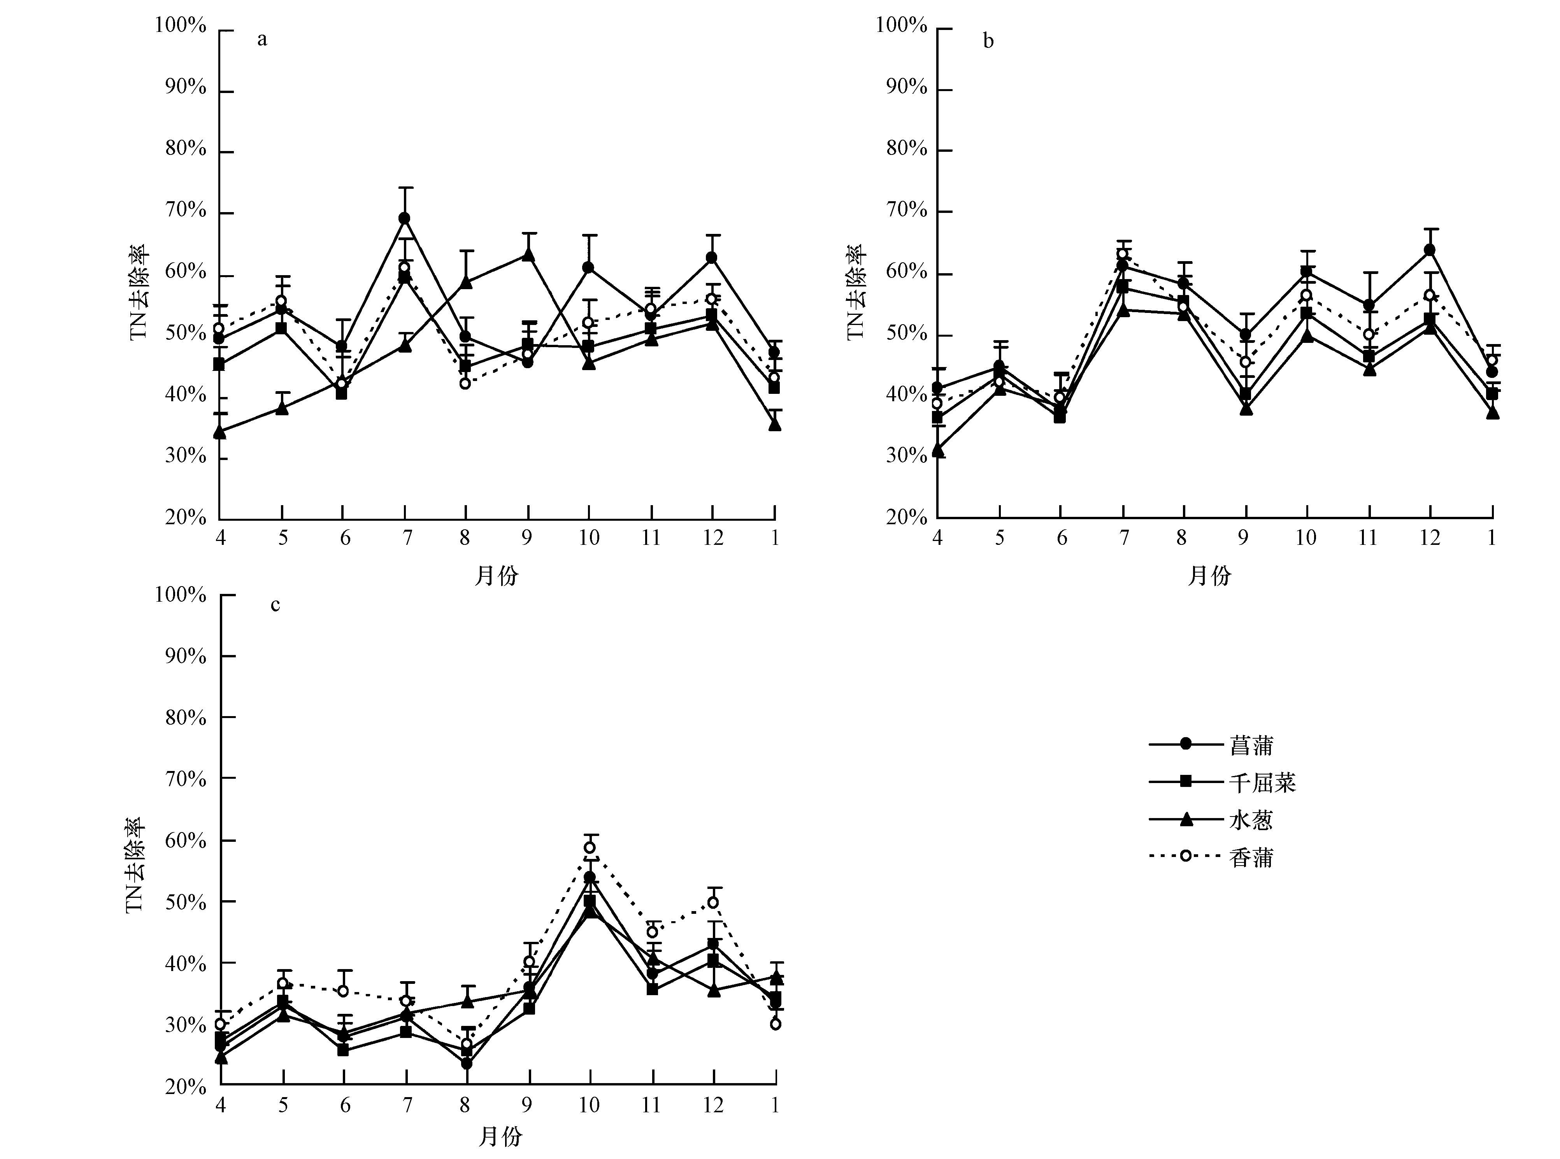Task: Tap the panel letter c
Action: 275,605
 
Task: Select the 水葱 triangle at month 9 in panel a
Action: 528,255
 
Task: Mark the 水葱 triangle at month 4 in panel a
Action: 219,432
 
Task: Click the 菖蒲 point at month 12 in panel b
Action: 1430,250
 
